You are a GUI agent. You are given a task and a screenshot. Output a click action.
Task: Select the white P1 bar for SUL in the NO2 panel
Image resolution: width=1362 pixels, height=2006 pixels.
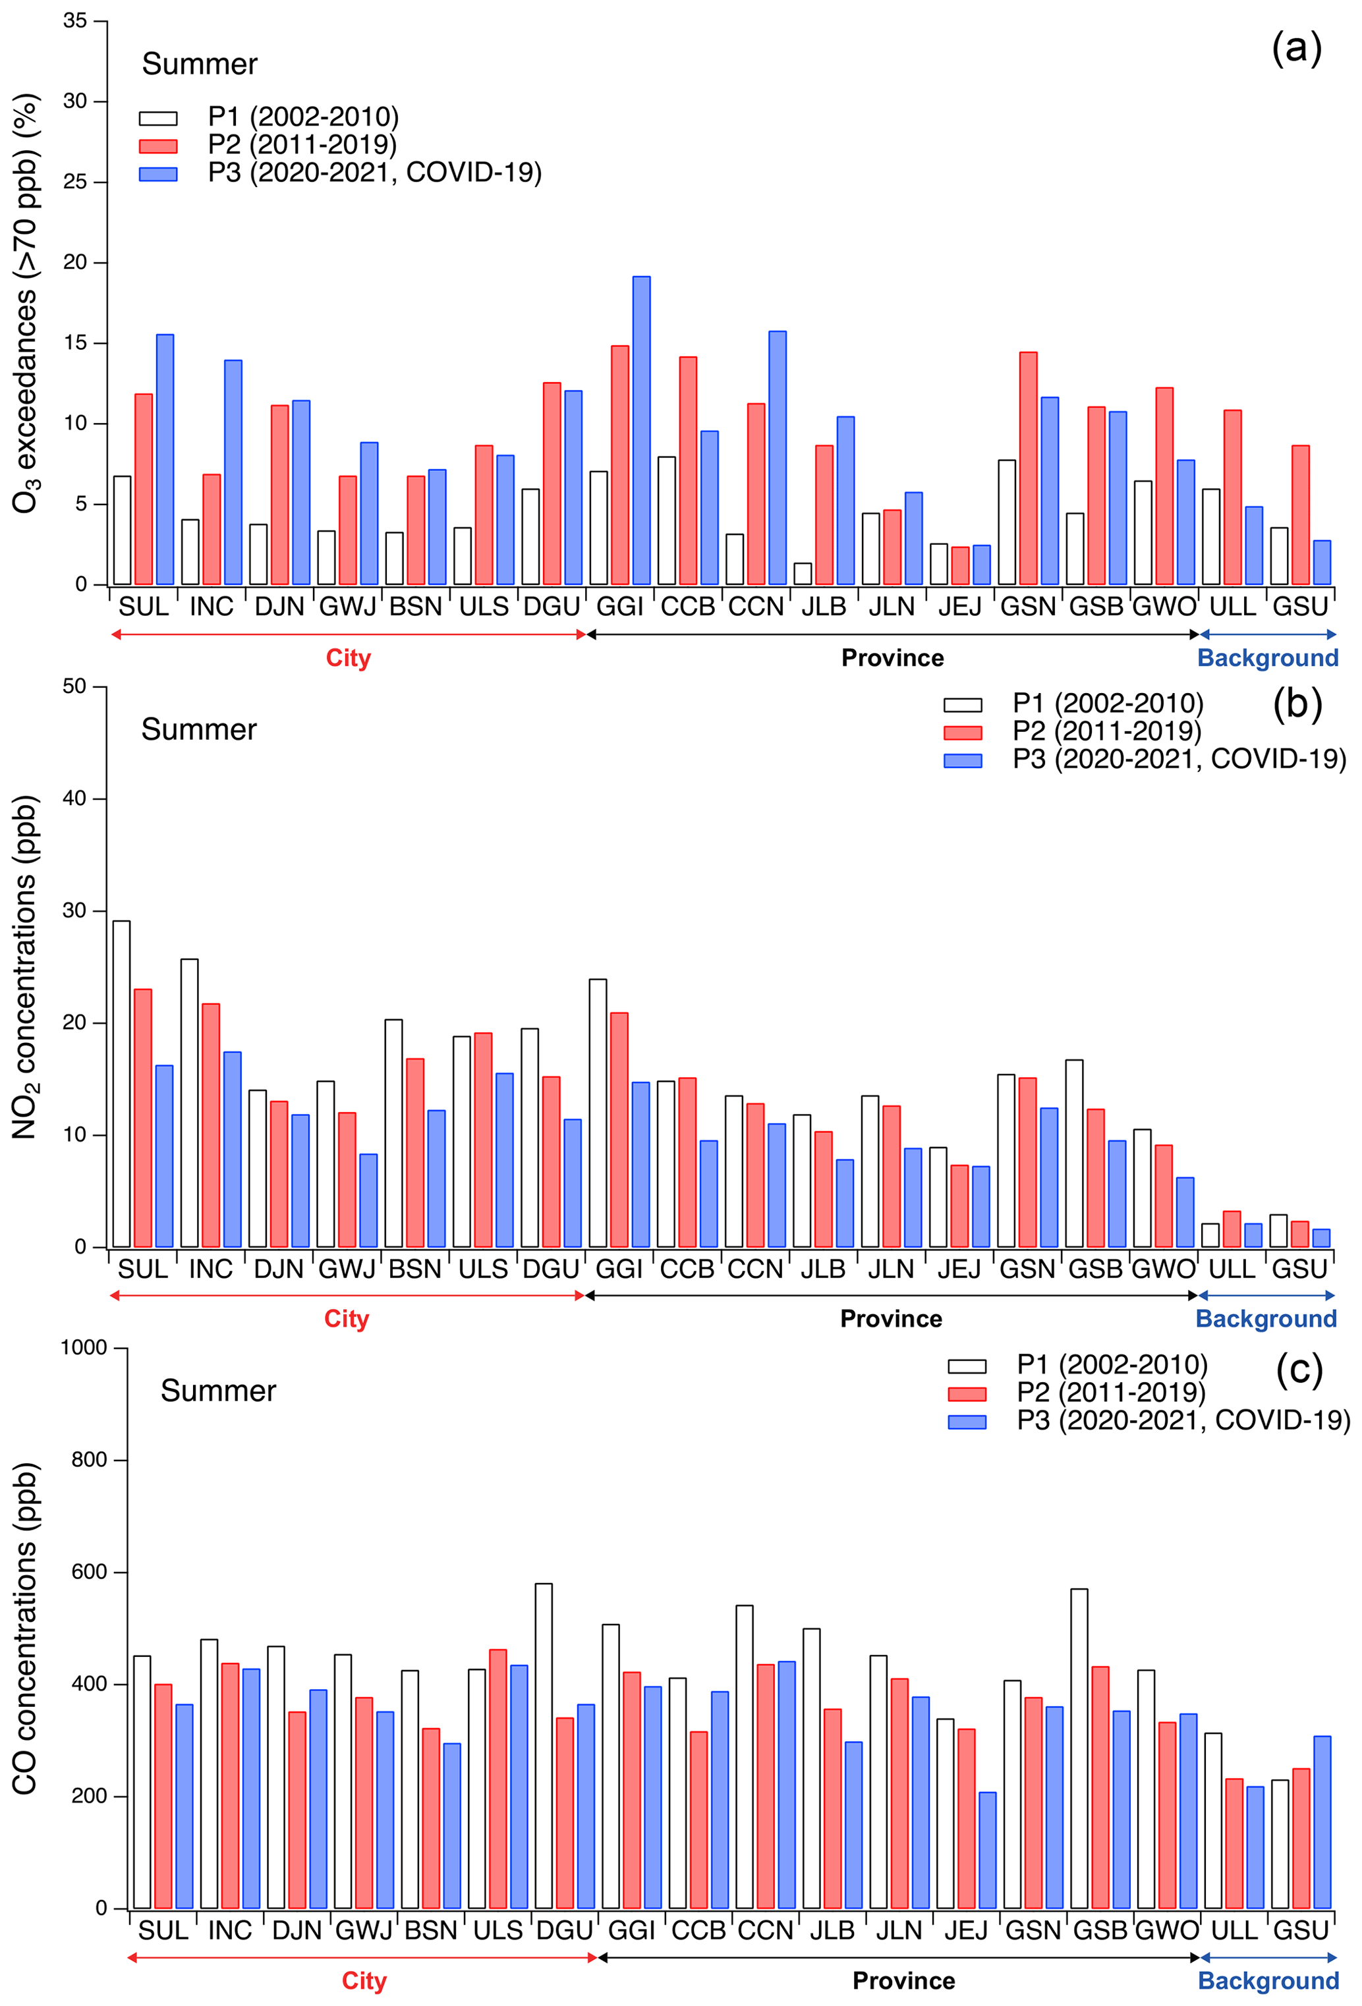tap(122, 1083)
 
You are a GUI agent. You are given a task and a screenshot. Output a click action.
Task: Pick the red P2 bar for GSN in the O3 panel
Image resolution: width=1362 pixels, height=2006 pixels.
tap(1028, 468)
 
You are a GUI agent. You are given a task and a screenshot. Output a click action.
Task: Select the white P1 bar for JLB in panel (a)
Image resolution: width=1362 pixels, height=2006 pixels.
tap(803, 573)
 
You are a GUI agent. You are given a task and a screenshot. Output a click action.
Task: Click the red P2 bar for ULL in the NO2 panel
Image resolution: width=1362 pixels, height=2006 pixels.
tap(1232, 1229)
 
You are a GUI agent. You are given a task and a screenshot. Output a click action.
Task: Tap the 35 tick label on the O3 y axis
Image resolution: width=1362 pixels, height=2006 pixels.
tap(75, 20)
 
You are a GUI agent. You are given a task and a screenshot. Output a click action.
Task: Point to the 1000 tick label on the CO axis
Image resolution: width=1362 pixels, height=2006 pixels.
tap(84, 1347)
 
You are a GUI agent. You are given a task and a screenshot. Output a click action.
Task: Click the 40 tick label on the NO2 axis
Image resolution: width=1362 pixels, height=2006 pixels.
tap(75, 798)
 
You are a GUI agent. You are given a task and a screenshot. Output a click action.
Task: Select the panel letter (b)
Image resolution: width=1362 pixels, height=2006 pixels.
tap(1297, 704)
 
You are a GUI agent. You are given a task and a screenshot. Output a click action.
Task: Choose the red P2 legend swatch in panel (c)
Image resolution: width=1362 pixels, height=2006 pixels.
tap(967, 1394)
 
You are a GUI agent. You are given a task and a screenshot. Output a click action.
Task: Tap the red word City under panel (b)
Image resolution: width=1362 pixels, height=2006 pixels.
tap(346, 1319)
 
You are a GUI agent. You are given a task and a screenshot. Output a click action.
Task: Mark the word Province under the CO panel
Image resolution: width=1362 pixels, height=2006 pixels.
tap(903, 1980)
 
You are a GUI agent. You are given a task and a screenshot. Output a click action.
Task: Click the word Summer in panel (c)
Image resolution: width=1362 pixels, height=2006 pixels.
tap(218, 1391)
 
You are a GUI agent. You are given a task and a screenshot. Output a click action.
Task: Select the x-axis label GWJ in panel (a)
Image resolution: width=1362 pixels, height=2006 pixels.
tap(347, 607)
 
